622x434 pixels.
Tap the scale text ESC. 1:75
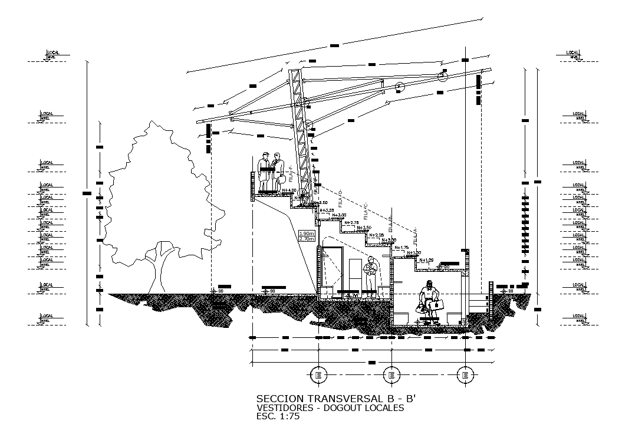point(279,416)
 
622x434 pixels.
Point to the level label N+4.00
point(288,190)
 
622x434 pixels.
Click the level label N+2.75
point(351,222)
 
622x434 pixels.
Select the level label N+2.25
point(376,235)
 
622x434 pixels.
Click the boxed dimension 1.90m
point(307,233)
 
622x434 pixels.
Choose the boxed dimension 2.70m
point(307,239)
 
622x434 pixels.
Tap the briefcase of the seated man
point(437,305)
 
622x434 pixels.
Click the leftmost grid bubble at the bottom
point(319,374)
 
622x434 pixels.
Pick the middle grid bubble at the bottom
point(390,374)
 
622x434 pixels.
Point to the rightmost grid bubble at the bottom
point(465,374)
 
